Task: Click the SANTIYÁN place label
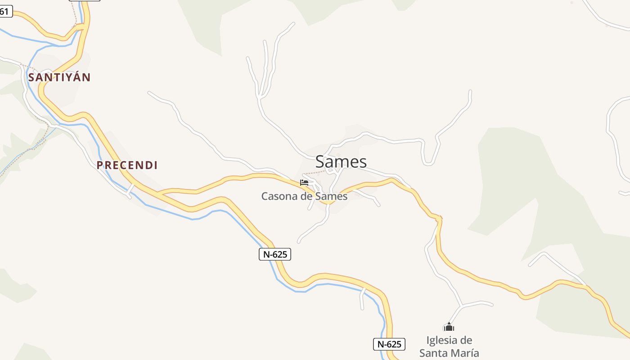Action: [x=59, y=77]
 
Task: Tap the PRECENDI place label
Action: [x=127, y=165]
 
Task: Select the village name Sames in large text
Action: [x=341, y=162]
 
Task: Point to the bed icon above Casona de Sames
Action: [x=304, y=183]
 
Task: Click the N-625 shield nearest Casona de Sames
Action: [x=275, y=254]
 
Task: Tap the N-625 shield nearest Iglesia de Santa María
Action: [x=389, y=344]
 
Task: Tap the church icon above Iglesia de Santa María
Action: [x=449, y=327]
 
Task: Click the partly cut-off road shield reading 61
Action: [x=4, y=11]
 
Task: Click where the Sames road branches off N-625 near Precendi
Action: [x=158, y=193]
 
